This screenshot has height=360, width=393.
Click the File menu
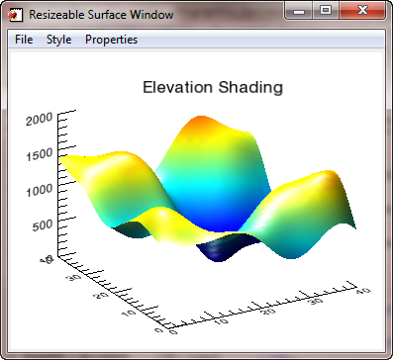(24, 40)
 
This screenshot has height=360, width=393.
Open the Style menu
(58, 40)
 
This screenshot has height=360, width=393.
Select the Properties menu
(111, 40)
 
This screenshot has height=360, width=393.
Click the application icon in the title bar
(15, 15)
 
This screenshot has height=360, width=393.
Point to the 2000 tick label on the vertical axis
(40, 121)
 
